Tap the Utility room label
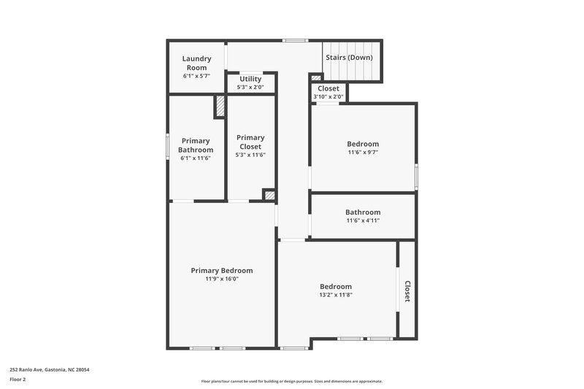[250, 78]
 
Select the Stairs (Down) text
[349, 57]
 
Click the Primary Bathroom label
[196, 145]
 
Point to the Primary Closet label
[250, 142]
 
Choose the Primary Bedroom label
[222, 270]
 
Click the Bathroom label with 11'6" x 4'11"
[363, 212]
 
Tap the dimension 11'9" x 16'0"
[222, 279]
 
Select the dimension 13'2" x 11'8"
[336, 295]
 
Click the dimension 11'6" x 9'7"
[363, 153]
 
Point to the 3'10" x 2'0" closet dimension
[328, 97]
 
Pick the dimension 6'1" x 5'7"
[196, 76]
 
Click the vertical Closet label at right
[407, 291]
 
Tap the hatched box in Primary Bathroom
[219, 107]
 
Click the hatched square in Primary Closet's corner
[269, 195]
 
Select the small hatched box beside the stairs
[316, 77]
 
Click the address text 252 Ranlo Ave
[49, 370]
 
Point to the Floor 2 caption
[18, 380]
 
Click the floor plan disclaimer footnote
[291, 381]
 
